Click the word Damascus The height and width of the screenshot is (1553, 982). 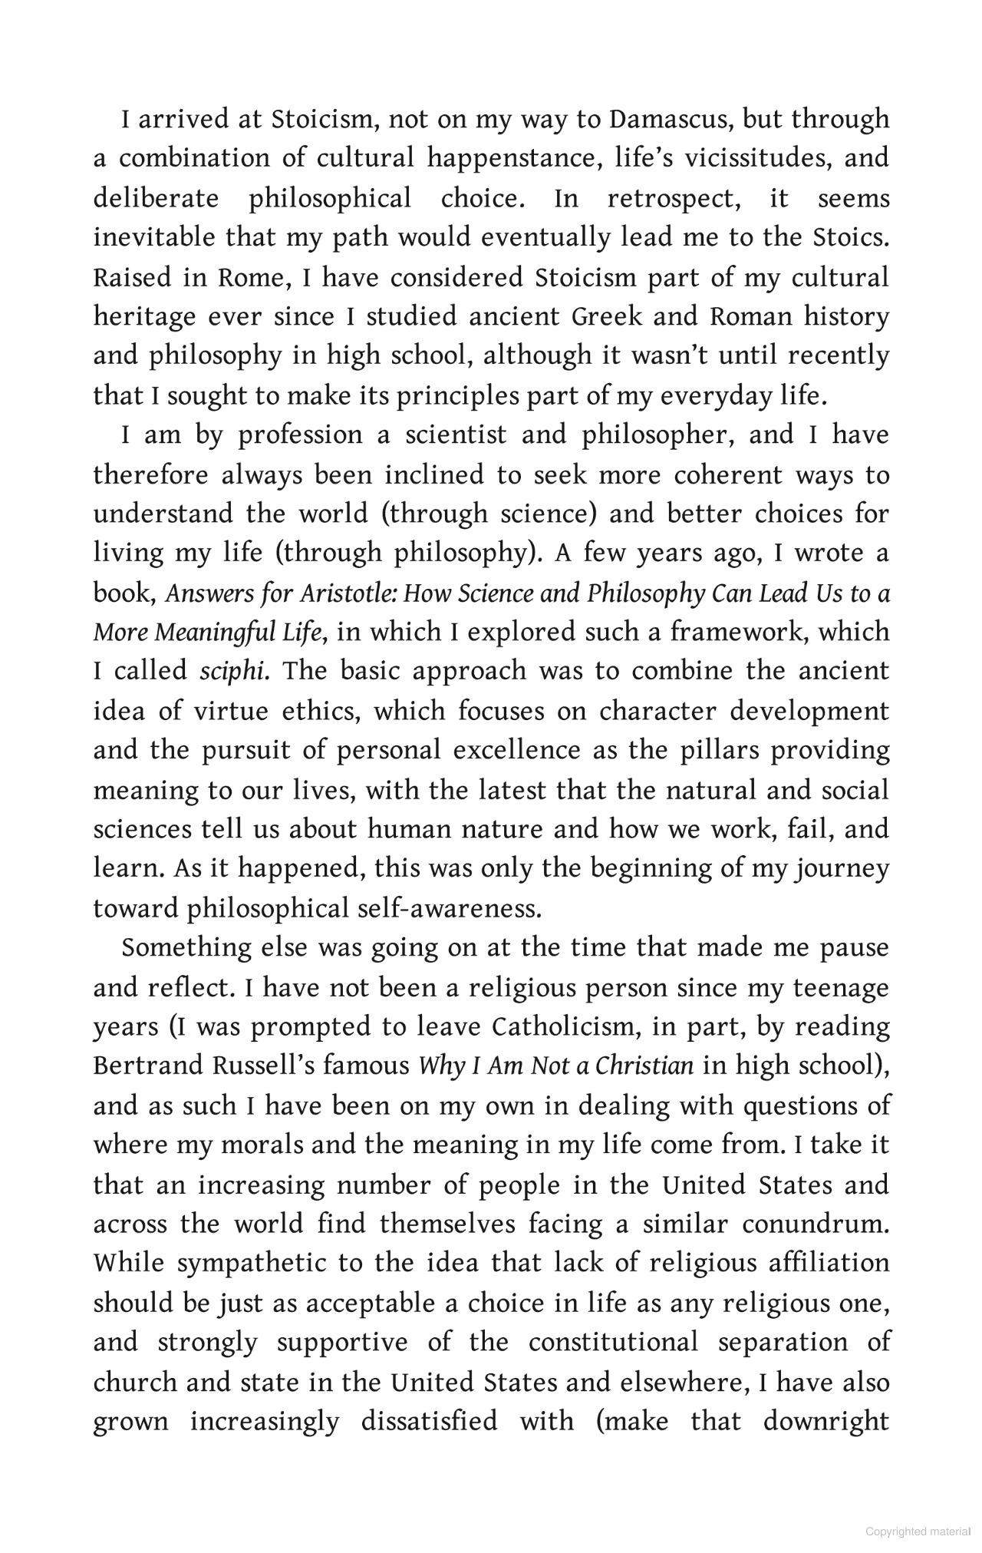pyautogui.click(x=670, y=119)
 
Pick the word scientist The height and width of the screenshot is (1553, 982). pyautogui.click(x=456, y=435)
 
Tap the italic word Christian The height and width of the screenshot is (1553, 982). pyautogui.click(x=645, y=1066)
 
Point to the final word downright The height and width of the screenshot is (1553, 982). pyautogui.click(x=826, y=1422)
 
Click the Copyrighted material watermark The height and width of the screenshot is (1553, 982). pyautogui.click(x=918, y=1532)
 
